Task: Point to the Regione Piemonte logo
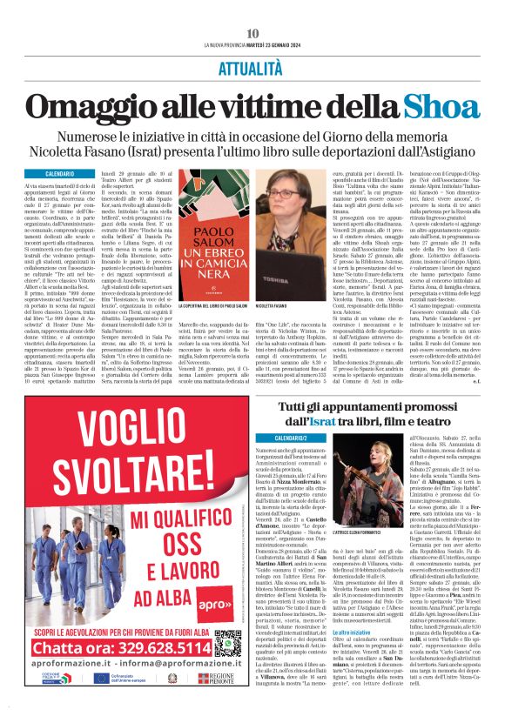pyautogui.click(x=220, y=701)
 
